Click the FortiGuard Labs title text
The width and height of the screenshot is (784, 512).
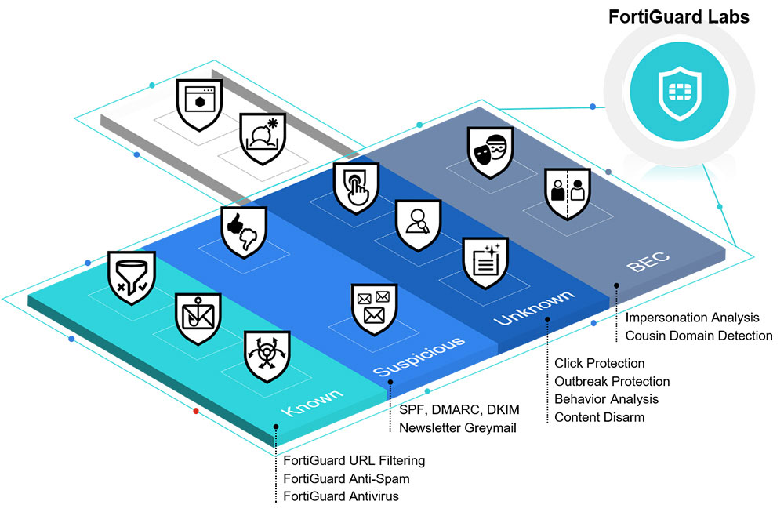[x=679, y=17]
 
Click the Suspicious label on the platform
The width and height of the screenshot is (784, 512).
[x=419, y=354]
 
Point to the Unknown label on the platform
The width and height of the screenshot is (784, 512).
[x=534, y=308]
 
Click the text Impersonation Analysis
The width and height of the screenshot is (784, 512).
[x=692, y=318]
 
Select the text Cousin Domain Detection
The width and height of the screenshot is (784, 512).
[x=699, y=336]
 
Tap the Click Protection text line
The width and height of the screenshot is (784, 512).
[x=599, y=363]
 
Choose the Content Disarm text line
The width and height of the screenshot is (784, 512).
[x=599, y=417]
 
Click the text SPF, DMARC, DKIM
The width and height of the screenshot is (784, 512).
[x=459, y=410]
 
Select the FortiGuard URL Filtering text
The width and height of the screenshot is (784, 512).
[x=354, y=460]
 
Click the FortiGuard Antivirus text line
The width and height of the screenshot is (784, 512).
[x=341, y=496]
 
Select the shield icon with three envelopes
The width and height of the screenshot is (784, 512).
[x=373, y=307]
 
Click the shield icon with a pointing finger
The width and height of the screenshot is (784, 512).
[x=355, y=187]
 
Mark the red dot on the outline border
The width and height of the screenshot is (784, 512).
[x=196, y=411]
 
